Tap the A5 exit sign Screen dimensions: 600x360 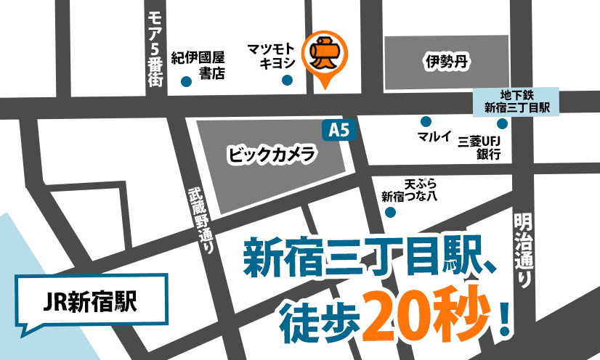click(x=334, y=131)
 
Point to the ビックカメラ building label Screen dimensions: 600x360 click(x=271, y=154)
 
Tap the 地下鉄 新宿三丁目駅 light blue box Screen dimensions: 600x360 click(x=516, y=102)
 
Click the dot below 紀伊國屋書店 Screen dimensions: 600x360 click(x=187, y=81)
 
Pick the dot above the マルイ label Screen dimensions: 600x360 click(x=426, y=121)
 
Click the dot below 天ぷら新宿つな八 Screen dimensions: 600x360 click(x=390, y=213)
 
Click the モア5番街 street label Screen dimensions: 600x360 click(x=154, y=49)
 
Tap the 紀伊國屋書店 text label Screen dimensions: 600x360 click(x=198, y=64)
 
